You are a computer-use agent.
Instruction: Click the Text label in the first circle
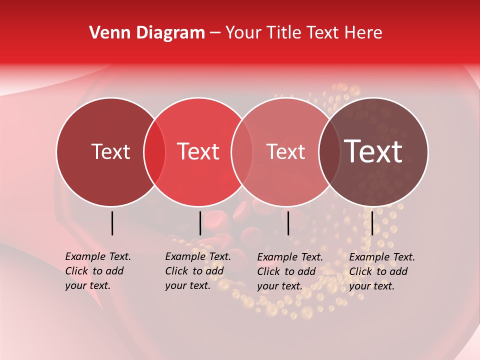(110, 152)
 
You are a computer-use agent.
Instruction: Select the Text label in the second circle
(198, 152)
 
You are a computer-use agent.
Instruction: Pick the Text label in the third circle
(285, 152)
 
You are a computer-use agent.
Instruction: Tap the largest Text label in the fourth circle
(373, 151)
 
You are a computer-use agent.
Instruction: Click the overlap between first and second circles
(154, 152)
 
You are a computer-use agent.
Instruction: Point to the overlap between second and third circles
(242, 152)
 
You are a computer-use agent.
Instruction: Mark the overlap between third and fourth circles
(329, 152)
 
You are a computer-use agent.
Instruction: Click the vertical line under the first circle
(112, 223)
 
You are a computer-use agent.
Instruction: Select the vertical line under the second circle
(200, 223)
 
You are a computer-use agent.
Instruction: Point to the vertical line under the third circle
(288, 223)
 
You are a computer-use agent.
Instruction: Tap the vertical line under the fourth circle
(372, 223)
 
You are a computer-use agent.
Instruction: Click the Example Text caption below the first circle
(98, 271)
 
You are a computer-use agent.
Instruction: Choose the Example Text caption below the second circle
(198, 271)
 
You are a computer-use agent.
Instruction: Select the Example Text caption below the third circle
(290, 271)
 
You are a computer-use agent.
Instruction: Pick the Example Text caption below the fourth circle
(382, 271)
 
